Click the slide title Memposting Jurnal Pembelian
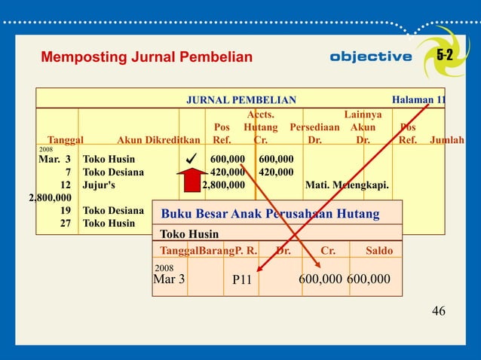(146, 57)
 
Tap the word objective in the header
(371, 57)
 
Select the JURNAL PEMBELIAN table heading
(241, 99)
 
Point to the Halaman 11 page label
(419, 99)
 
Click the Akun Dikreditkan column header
(158, 140)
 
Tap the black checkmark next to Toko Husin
(191, 159)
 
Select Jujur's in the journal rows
(100, 185)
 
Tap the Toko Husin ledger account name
(186, 234)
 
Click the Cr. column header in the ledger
(329, 250)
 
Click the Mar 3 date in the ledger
(169, 279)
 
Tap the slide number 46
(438, 310)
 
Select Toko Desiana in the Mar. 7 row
(114, 172)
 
